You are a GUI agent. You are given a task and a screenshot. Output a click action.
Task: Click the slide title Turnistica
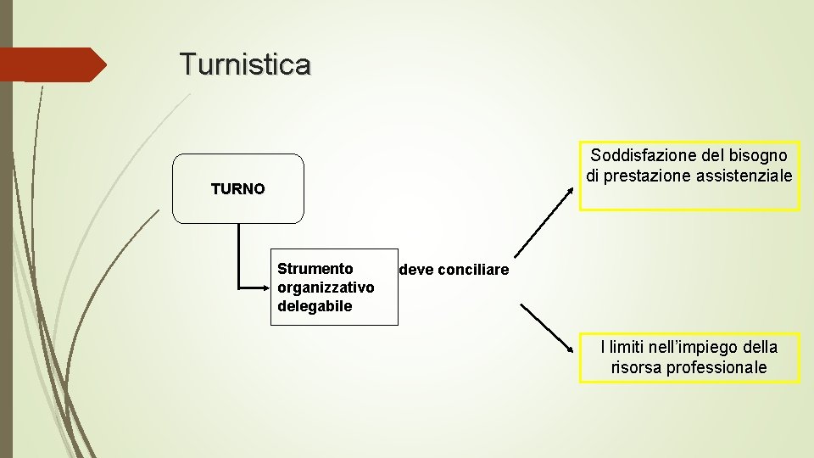tap(245, 64)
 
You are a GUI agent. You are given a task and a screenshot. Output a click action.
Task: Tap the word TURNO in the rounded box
tap(237, 189)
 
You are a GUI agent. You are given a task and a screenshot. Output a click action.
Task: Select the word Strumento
tap(315, 269)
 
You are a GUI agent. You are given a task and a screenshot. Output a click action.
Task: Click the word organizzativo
tap(326, 288)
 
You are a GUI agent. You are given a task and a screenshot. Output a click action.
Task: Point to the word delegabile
tap(315, 305)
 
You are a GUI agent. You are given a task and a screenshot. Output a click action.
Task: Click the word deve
tap(415, 270)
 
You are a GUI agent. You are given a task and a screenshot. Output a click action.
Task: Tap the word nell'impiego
tap(696, 347)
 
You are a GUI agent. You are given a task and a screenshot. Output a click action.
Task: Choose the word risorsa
tap(636, 367)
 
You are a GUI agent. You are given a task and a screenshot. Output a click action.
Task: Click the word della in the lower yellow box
tap(760, 347)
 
